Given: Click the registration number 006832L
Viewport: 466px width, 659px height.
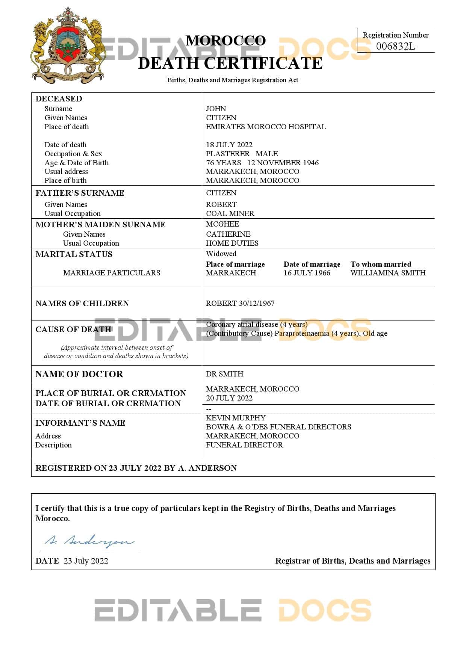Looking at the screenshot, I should pos(395,46).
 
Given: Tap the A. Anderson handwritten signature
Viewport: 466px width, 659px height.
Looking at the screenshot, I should pos(89,541).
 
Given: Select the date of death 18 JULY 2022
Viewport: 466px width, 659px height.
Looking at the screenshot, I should pos(229,145).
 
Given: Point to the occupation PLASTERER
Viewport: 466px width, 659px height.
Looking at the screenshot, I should pos(228,154).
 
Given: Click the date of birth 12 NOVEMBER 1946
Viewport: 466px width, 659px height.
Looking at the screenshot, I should pos(283,163).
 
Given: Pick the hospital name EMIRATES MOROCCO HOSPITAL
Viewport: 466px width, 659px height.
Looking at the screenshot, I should pos(266,127).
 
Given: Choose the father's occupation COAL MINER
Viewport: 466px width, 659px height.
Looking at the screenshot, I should pos(230,213).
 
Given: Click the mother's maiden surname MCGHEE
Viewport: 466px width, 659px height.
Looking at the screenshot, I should pos(222,224).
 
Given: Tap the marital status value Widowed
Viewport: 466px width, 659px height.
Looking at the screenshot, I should pos(221,254).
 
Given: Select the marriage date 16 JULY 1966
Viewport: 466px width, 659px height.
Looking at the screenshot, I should pos(307,273).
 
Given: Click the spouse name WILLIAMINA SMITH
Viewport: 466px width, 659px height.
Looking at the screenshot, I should pos(388,273).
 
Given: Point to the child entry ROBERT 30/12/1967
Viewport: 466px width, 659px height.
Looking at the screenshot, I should pos(240,303).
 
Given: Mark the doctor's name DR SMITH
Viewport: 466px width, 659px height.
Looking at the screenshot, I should pos(224,374).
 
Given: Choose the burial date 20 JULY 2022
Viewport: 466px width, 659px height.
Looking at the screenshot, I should pos(229,398).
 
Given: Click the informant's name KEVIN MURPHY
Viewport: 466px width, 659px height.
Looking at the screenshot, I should pos(236,418).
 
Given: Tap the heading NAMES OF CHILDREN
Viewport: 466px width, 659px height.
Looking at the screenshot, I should pos(82,303).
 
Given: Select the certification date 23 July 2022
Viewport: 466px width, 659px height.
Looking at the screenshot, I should pos(86,561).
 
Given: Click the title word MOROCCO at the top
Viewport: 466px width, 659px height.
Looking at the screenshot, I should pos(226,41).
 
